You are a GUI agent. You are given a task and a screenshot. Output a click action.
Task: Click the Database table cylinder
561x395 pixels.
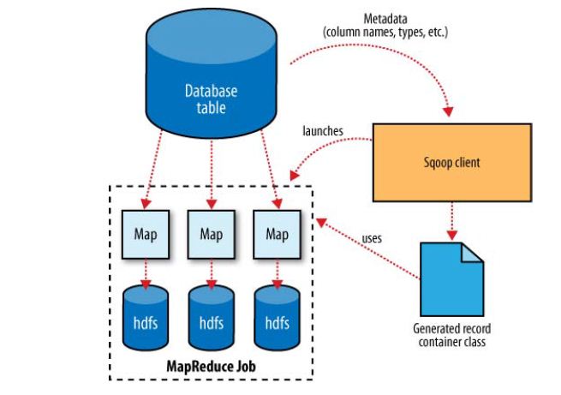211,74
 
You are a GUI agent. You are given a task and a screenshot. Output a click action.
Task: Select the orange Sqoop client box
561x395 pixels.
452,163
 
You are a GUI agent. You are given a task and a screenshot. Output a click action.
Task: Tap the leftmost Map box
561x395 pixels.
146,235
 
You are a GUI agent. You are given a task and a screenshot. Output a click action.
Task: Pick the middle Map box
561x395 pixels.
212,235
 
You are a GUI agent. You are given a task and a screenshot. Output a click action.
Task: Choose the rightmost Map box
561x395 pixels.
278,235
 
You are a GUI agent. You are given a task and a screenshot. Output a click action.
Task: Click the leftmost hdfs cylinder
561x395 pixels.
146,318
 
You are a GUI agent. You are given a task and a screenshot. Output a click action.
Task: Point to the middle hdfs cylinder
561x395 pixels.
212,318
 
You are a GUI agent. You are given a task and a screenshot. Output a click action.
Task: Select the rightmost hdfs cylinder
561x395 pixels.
278,318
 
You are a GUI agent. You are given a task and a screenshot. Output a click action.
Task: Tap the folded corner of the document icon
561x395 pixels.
472,252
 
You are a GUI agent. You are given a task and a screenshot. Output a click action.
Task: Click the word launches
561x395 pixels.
323,131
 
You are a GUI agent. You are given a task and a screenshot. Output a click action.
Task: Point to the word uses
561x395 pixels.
372,238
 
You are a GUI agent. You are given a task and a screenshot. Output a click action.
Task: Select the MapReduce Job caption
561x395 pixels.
212,366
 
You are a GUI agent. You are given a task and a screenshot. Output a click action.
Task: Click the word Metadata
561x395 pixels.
385,19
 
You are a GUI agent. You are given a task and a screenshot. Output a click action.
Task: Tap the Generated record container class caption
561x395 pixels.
452,335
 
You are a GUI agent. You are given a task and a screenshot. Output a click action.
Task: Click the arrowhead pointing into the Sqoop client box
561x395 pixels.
448,111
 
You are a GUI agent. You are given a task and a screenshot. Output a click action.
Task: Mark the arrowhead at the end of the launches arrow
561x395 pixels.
294,176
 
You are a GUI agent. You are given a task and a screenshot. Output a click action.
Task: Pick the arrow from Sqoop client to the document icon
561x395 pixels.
452,221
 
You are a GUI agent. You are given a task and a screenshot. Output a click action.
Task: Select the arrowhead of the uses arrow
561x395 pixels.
320,222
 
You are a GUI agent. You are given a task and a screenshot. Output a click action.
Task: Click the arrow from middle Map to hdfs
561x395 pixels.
212,274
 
